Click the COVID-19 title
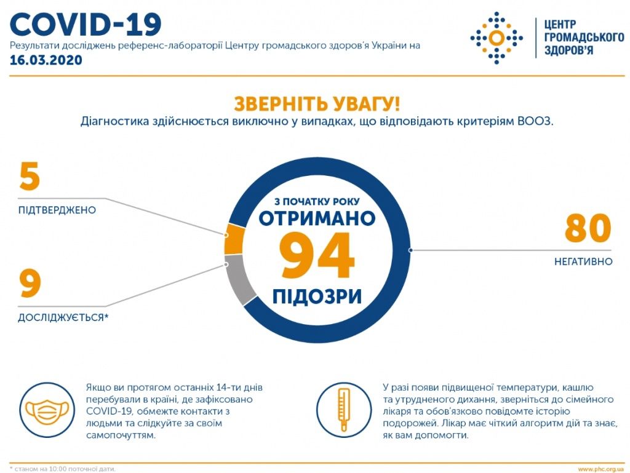point(86,24)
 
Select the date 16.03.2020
point(46,60)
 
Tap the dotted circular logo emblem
point(496,38)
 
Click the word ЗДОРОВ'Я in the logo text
point(568,50)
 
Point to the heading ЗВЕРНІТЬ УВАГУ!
point(317,103)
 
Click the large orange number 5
point(30,177)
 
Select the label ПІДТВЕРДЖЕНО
point(57,210)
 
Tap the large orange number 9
point(30,284)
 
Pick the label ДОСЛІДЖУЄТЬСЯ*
point(63,317)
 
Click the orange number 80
point(588,228)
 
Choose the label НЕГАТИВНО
point(583,262)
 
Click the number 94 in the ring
point(317,256)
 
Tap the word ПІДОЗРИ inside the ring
point(317,296)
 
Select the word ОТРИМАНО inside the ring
point(317,218)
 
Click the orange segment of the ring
point(234,239)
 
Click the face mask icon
point(47,410)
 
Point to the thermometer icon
point(343,410)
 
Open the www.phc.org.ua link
point(602,469)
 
